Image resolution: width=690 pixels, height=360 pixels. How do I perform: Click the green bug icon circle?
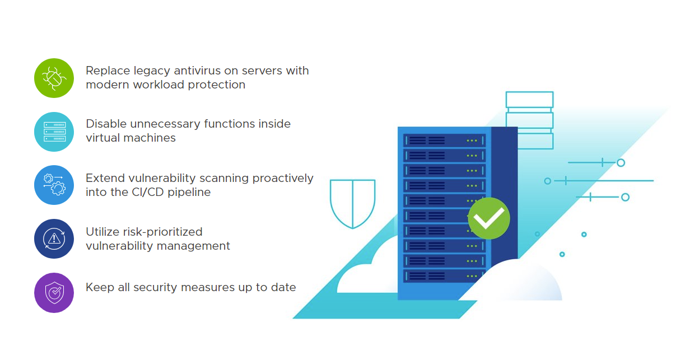[54, 78]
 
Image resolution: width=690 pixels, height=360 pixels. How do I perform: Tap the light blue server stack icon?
[54, 132]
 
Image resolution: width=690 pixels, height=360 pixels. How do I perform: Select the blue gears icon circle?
[54, 185]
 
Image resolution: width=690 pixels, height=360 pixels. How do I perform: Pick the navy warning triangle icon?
[54, 239]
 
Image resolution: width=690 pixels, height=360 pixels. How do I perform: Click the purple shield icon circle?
[54, 292]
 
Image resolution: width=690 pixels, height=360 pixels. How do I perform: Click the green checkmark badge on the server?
[489, 218]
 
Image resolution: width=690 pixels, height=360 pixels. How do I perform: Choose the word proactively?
[283, 178]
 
